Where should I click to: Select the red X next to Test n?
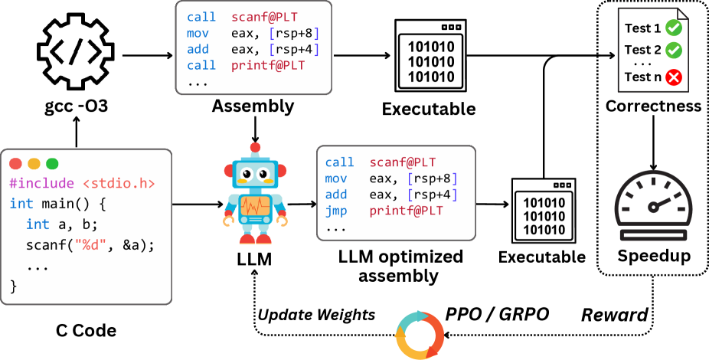pos(674,77)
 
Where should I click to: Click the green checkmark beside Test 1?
pos(674,28)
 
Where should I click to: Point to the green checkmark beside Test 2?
pos(674,50)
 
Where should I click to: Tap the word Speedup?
pos(653,255)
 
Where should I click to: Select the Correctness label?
pos(653,106)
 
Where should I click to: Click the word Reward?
pos(613,315)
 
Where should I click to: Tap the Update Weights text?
pos(315,315)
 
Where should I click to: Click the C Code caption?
pos(87,332)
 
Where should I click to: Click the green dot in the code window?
pos(52,163)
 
